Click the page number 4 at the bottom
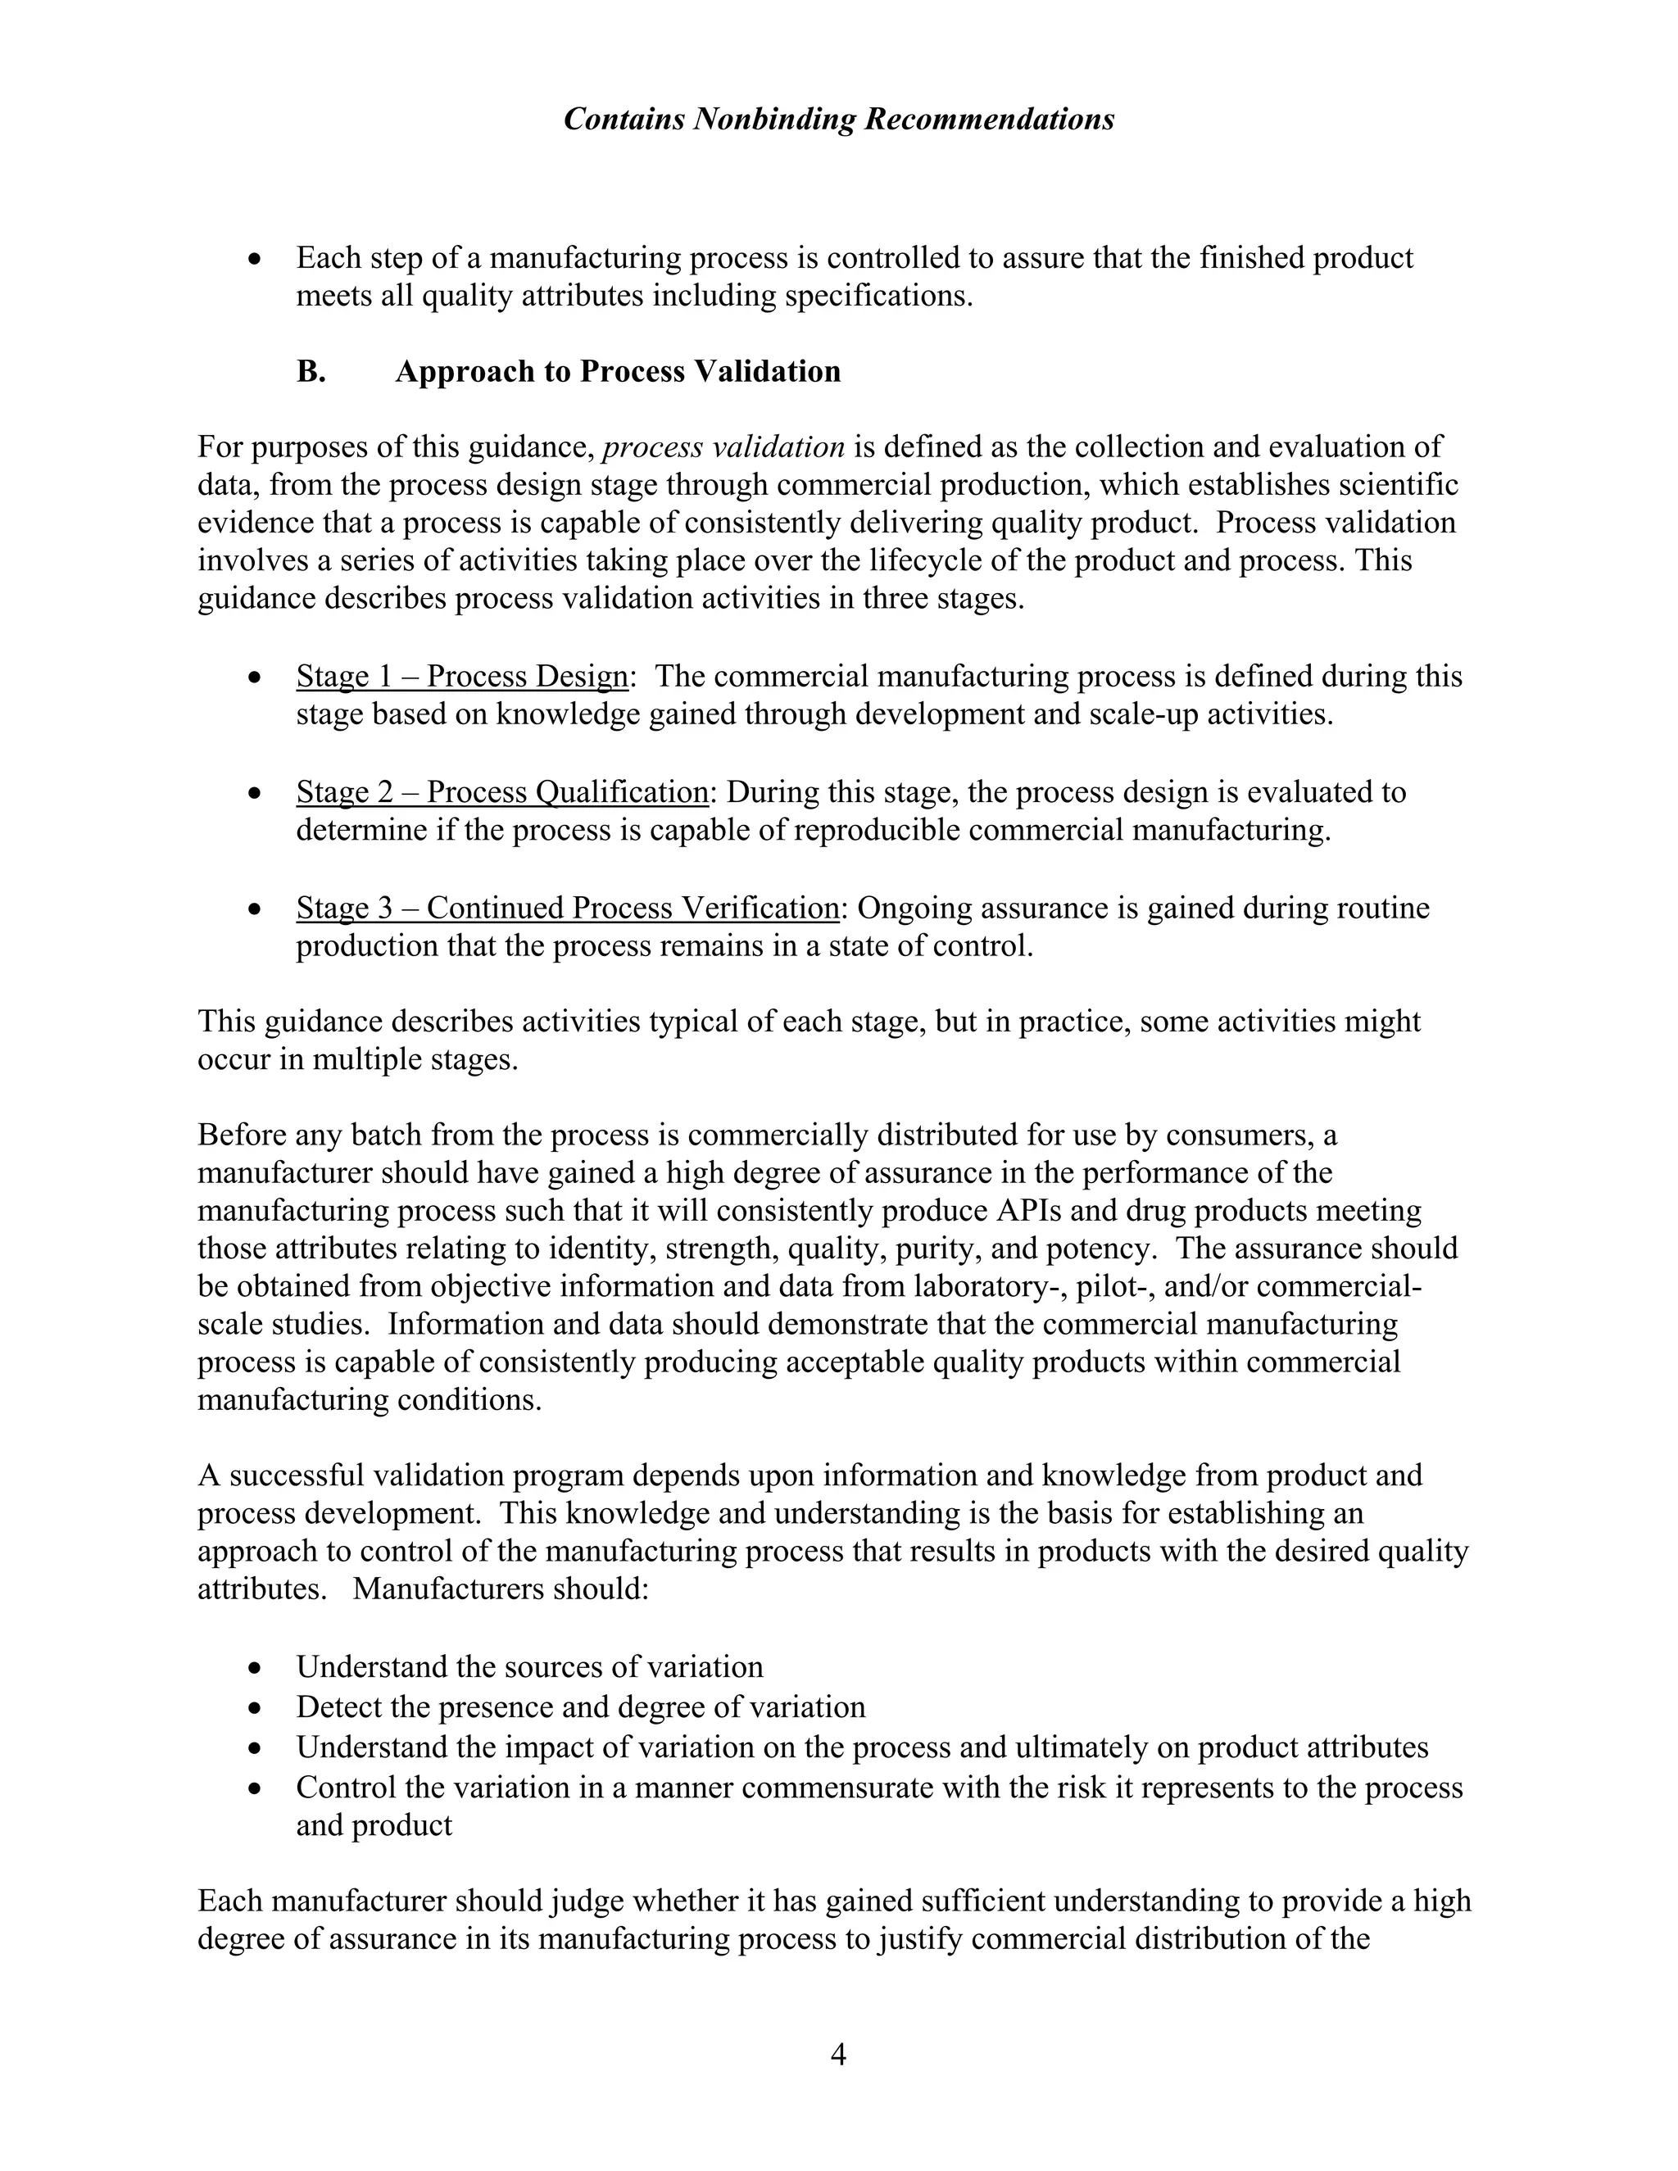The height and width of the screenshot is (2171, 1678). pyautogui.click(x=838, y=2055)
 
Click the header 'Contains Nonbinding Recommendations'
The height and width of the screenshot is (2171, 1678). pyautogui.click(x=838, y=120)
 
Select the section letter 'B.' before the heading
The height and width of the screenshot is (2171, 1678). pyautogui.click(x=311, y=372)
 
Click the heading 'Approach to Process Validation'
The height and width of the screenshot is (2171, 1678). pyautogui.click(x=617, y=372)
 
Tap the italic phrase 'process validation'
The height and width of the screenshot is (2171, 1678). pyautogui.click(x=723, y=447)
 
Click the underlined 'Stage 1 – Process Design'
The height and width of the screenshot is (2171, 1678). pyautogui.click(x=462, y=677)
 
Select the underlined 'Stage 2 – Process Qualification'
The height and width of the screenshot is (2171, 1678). pyautogui.click(x=501, y=792)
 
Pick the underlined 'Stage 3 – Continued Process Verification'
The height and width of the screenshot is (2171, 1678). pyautogui.click(x=569, y=908)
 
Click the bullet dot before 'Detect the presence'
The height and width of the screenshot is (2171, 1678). pyautogui.click(x=256, y=1708)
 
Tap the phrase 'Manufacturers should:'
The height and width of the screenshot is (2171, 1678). pyautogui.click(x=500, y=1589)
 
